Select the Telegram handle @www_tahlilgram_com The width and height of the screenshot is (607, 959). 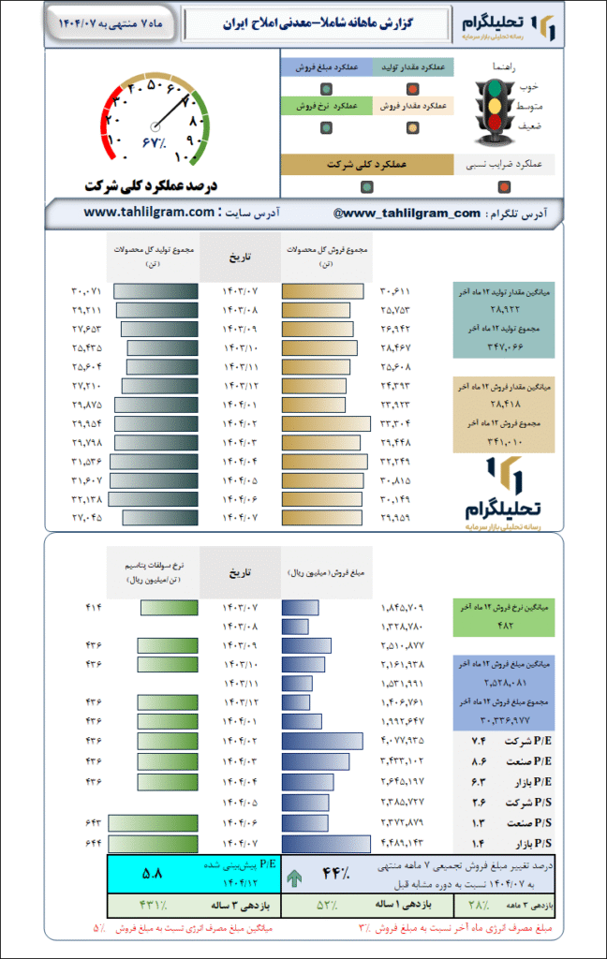click(407, 214)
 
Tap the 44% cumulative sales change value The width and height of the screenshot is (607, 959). click(335, 875)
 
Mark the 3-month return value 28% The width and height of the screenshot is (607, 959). click(478, 906)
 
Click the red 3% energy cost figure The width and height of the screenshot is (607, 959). click(363, 928)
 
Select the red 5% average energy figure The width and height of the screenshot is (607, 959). click(98, 928)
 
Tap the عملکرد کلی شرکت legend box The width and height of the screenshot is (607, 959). click(365, 164)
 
